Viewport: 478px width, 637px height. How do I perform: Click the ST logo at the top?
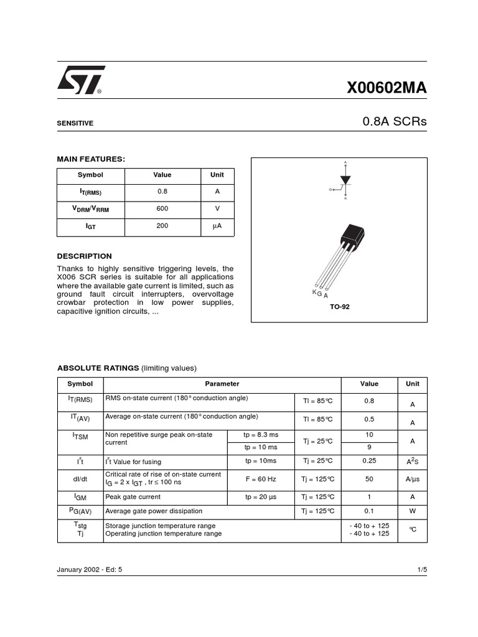[x=81, y=80]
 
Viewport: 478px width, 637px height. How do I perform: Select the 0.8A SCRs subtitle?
[x=395, y=122]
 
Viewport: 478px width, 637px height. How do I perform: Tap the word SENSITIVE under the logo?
[x=75, y=123]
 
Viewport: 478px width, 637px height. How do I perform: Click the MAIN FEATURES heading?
[x=91, y=159]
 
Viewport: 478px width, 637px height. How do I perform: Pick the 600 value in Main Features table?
[x=162, y=209]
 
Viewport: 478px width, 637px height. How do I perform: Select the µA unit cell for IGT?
[x=217, y=226]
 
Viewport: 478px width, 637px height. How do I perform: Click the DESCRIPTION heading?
[x=85, y=256]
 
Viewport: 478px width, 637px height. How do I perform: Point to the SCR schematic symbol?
[x=345, y=181]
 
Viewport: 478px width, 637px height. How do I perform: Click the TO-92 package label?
[x=339, y=307]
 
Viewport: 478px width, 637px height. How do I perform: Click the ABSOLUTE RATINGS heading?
[x=98, y=368]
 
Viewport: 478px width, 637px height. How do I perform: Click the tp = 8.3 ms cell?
[x=261, y=434]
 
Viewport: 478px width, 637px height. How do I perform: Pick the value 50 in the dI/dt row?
[x=369, y=479]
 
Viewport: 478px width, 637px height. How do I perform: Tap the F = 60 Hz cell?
[x=260, y=479]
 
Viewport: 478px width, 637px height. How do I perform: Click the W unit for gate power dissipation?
[x=412, y=511]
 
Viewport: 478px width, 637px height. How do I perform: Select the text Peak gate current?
[x=133, y=497]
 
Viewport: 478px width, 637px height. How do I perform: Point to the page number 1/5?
[x=421, y=569]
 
